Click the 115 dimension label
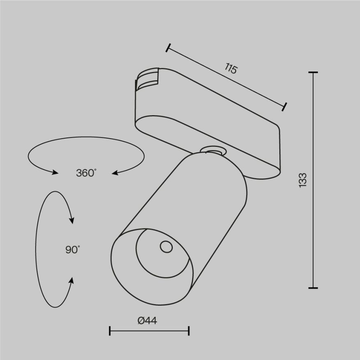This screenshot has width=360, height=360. (x=231, y=69)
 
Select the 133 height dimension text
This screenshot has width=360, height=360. (x=303, y=180)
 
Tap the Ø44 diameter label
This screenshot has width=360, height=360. (x=148, y=321)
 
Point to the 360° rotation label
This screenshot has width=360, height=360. (x=86, y=173)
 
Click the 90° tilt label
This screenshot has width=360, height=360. (x=72, y=249)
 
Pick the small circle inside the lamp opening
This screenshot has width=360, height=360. (x=166, y=247)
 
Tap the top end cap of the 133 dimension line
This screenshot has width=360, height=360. (x=313, y=72)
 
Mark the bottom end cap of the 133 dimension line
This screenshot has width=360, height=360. (x=313, y=287)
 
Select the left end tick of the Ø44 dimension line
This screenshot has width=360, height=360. (x=110, y=330)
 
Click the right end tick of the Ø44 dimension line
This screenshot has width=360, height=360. (x=188, y=330)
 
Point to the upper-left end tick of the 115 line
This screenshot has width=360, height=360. (x=167, y=48)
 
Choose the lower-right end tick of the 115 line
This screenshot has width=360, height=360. (x=284, y=107)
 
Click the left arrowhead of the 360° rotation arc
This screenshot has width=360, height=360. (x=55, y=172)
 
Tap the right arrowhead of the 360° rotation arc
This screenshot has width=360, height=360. (x=116, y=173)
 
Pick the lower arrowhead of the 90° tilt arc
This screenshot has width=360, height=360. (x=72, y=281)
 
